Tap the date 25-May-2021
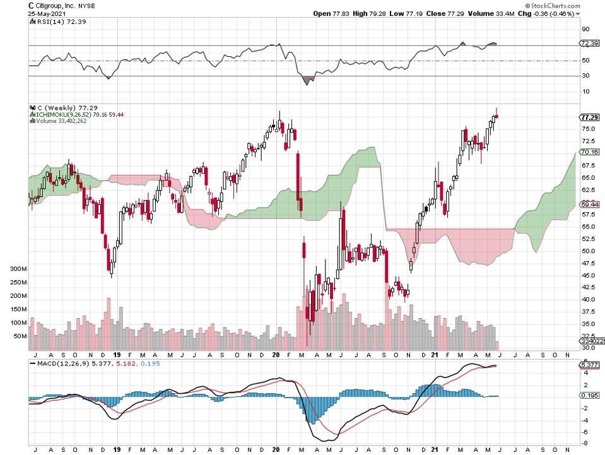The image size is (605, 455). [x=46, y=13]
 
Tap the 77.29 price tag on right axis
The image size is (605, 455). [x=589, y=117]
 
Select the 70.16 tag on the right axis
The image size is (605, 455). [x=589, y=152]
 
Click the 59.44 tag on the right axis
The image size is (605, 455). [x=589, y=204]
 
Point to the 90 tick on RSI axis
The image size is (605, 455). [x=585, y=29]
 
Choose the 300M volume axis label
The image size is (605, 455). [x=19, y=269]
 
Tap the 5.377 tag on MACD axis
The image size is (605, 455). [x=589, y=365]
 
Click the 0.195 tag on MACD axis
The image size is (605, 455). [x=589, y=395]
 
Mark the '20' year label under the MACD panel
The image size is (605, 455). [x=276, y=450]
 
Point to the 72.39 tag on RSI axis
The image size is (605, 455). [x=589, y=43]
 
